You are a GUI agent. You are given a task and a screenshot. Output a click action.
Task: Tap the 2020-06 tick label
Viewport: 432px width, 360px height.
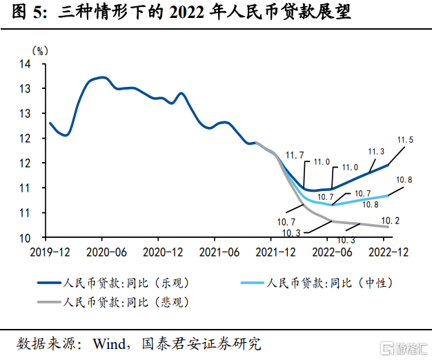pyautogui.click(x=106, y=252)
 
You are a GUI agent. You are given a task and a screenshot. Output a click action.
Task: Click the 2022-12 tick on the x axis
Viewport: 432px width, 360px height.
pyautogui.click(x=388, y=252)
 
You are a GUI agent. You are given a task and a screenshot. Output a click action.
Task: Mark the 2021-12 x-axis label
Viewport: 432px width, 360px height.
pyautogui.click(x=275, y=252)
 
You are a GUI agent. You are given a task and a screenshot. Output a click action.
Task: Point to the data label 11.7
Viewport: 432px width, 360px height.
pyautogui.click(x=295, y=154)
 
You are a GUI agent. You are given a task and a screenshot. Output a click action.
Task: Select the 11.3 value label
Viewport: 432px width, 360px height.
pyautogui.click(x=376, y=152)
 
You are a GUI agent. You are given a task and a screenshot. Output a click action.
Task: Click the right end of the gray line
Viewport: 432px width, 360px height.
pyautogui.click(x=388, y=226)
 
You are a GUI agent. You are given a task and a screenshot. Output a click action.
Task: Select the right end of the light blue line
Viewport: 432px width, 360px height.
pyautogui.click(x=388, y=195)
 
